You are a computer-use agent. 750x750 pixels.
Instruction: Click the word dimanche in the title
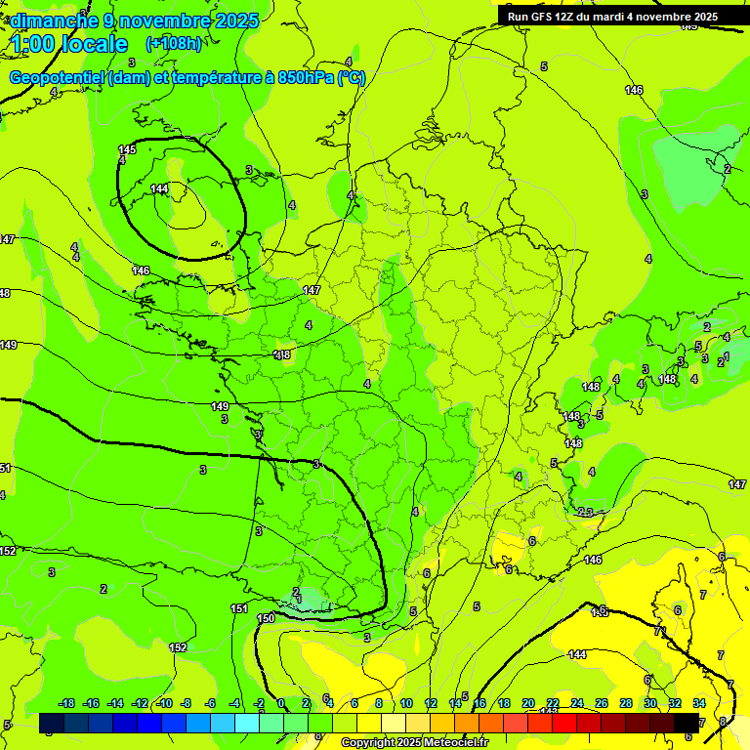pyautogui.click(x=54, y=21)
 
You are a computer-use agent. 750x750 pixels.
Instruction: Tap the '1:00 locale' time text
pyautogui.click(x=69, y=44)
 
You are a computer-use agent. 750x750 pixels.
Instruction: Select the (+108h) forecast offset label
pyautogui.click(x=173, y=44)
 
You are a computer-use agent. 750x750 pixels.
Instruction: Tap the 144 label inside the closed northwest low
pyautogui.click(x=159, y=188)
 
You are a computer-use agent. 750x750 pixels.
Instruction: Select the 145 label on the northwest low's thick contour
pyautogui.click(x=127, y=149)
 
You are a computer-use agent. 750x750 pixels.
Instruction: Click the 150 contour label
pyautogui.click(x=266, y=618)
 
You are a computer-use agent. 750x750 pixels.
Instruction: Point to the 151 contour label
pyautogui.click(x=238, y=608)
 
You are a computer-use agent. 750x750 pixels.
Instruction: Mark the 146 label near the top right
pyautogui.click(x=634, y=90)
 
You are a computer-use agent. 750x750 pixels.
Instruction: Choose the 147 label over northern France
pyautogui.click(x=312, y=290)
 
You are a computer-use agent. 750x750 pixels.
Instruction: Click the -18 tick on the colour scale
pyautogui.click(x=66, y=703)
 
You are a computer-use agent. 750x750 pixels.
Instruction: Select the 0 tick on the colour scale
pyautogui.click(x=281, y=703)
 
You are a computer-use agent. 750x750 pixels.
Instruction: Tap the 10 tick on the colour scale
pyautogui.click(x=405, y=703)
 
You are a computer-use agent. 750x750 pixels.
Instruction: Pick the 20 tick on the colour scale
pyautogui.click(x=527, y=703)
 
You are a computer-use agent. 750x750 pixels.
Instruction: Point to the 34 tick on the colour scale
pyautogui.click(x=699, y=703)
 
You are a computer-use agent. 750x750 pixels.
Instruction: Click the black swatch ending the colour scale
pyautogui.click(x=687, y=723)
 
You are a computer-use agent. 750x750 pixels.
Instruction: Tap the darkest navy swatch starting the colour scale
pyautogui.click(x=52, y=723)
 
